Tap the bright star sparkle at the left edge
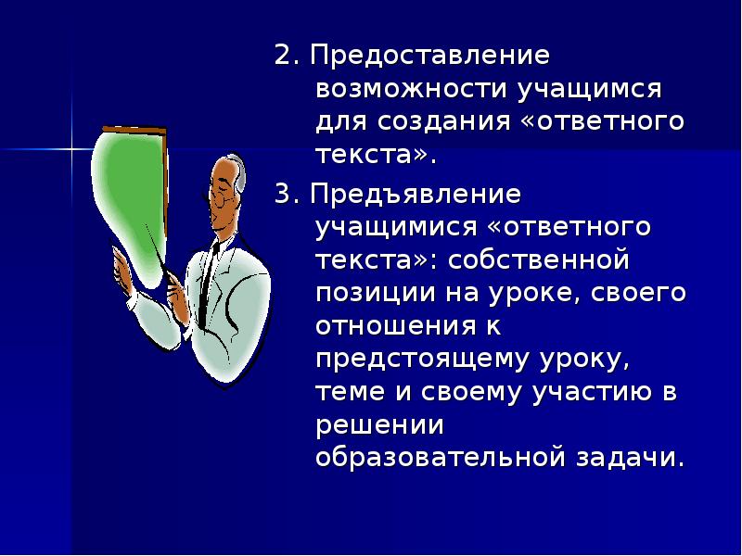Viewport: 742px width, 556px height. tap(70, 147)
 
